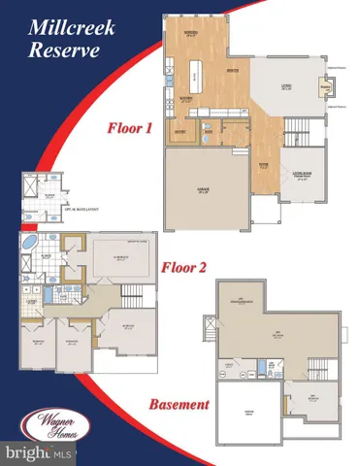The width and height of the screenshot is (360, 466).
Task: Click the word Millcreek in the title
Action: (x=64, y=24)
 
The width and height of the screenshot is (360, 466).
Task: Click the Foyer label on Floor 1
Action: (x=263, y=164)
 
